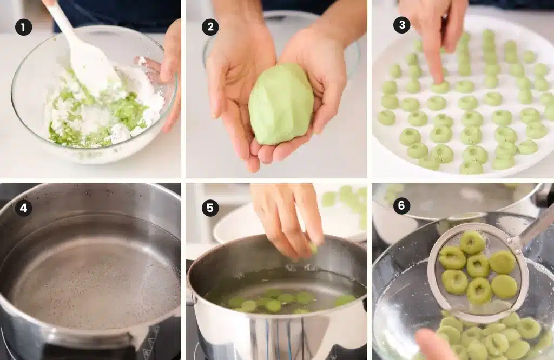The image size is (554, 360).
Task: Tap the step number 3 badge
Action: pyautogui.click(x=401, y=25)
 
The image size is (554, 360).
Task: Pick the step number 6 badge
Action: pyautogui.click(x=401, y=206)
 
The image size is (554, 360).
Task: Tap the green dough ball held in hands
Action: pyautogui.click(x=281, y=104)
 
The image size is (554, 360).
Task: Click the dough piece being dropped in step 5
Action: pyautogui.click(x=312, y=248)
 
